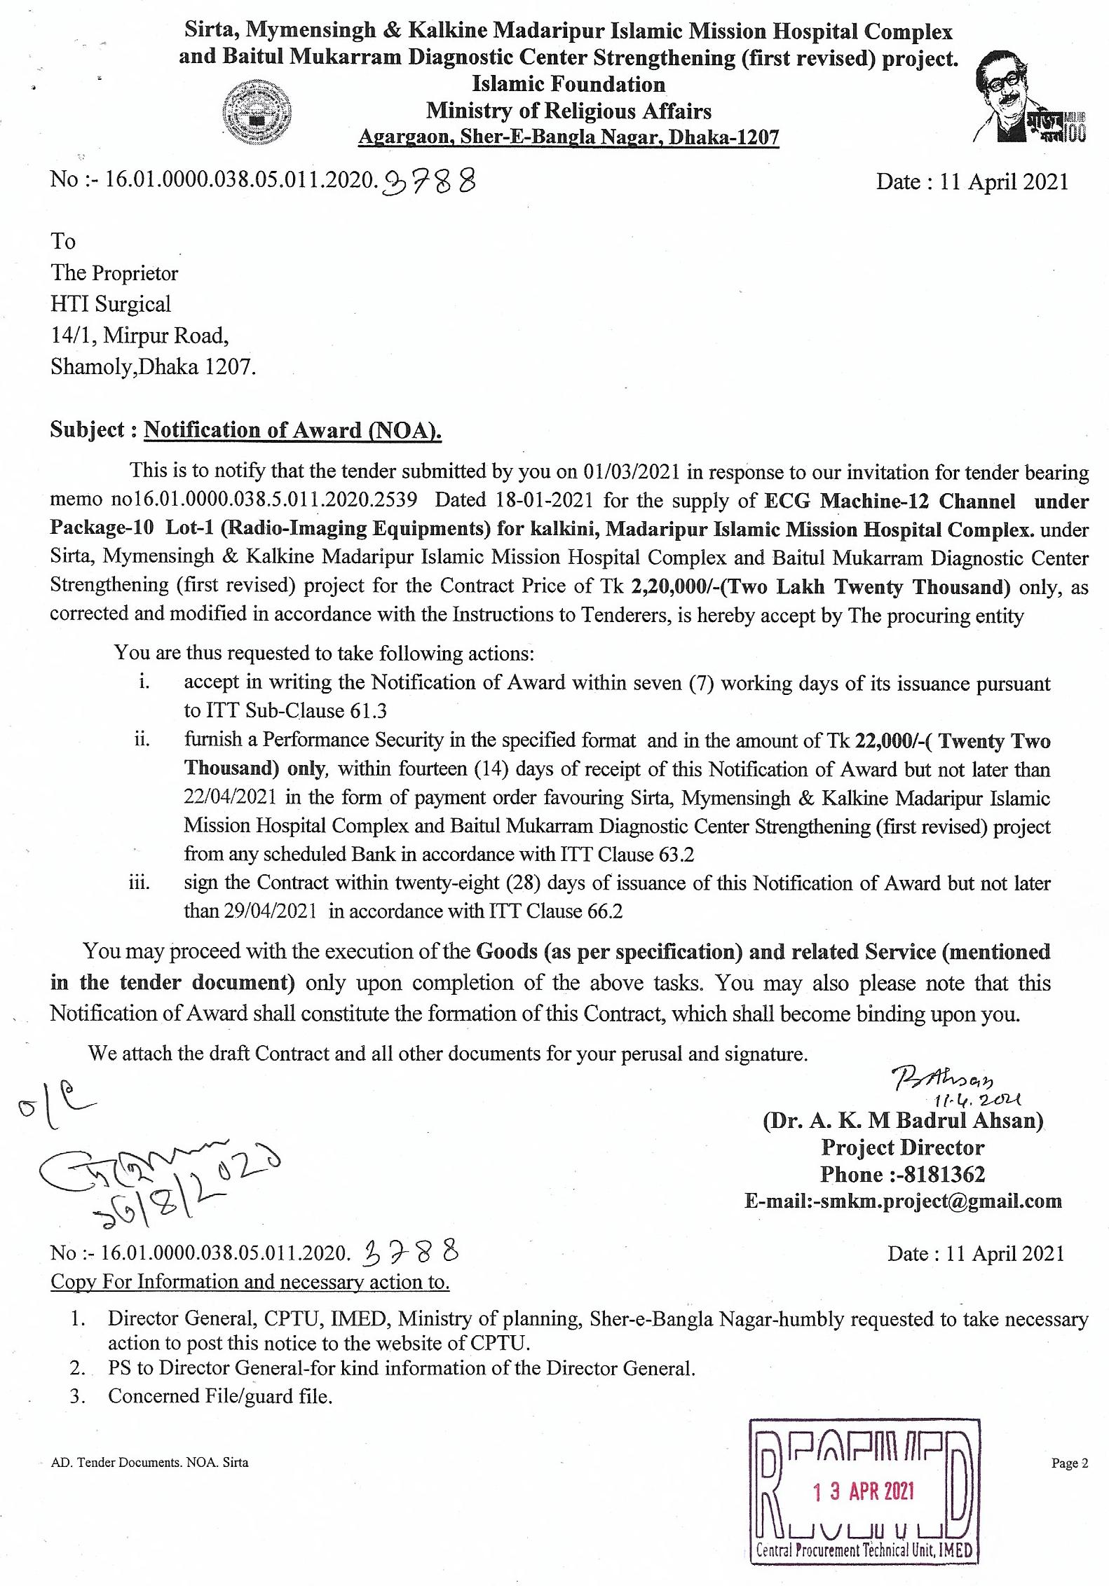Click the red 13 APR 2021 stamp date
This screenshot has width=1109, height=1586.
tap(864, 1491)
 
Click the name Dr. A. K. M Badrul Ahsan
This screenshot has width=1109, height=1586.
tap(903, 1120)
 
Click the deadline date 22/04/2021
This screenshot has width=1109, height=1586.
tap(230, 797)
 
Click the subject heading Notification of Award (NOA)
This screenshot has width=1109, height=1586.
tap(292, 430)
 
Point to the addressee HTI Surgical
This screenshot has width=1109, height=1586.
tap(111, 304)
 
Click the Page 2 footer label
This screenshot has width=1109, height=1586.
tap(1069, 1463)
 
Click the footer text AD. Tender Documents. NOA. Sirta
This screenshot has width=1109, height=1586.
tap(149, 1463)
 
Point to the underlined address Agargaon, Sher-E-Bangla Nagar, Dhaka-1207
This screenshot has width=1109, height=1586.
tap(569, 137)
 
